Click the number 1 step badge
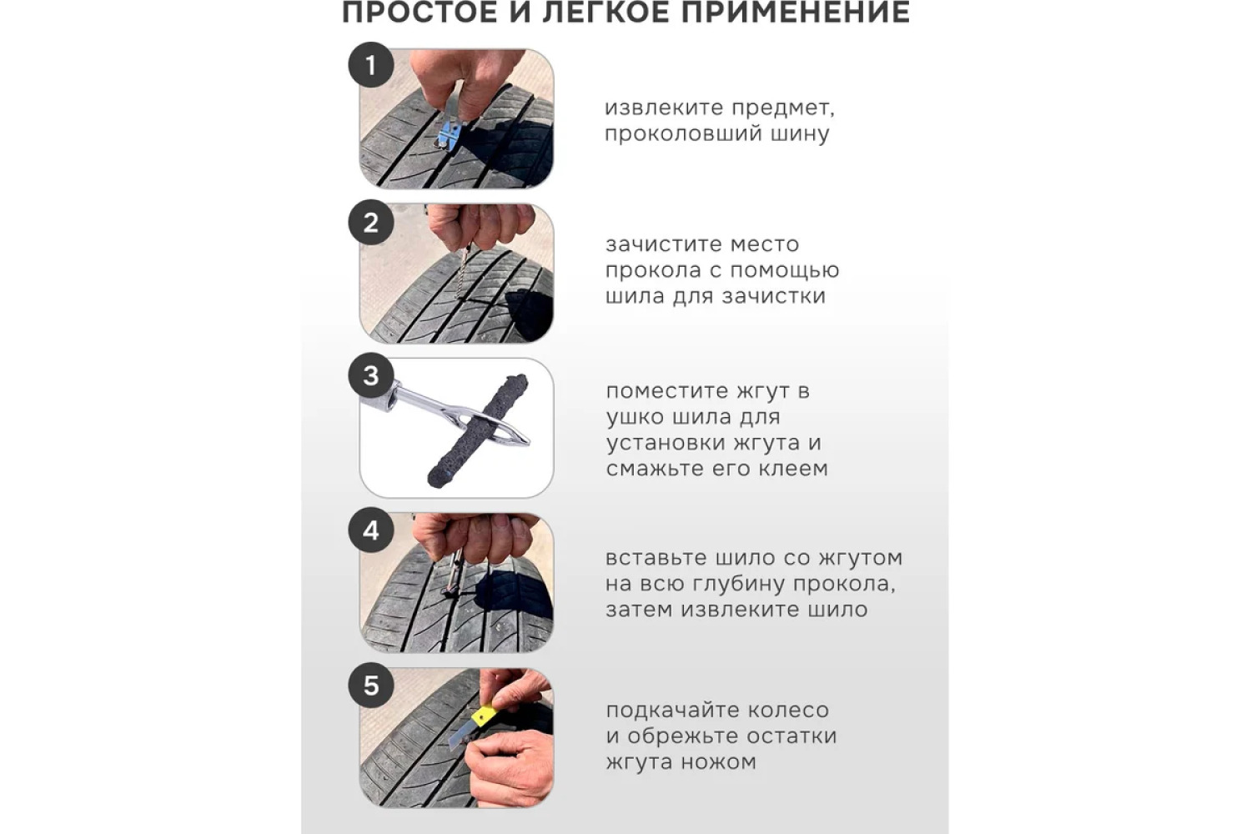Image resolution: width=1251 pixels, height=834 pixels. [x=371, y=65]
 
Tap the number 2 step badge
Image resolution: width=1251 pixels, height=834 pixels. [x=371, y=223]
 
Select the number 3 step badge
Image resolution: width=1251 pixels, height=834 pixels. [x=371, y=375]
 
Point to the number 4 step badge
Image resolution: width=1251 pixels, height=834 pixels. [x=371, y=530]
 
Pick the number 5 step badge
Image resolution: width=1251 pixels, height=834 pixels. [x=371, y=685]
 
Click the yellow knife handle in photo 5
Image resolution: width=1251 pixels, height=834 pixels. [x=484, y=714]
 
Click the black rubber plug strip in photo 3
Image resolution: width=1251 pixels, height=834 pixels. [x=478, y=430]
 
